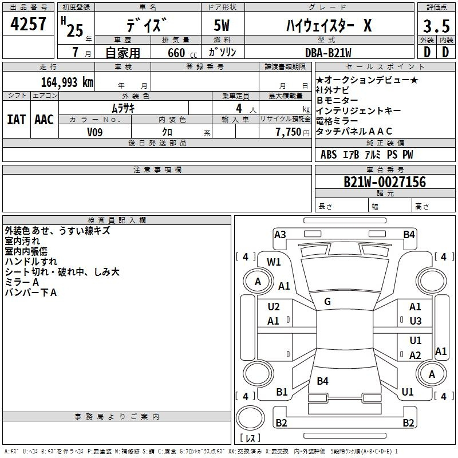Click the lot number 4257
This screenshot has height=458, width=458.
[x=28, y=23]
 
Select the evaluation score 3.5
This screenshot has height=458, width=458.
[x=436, y=26]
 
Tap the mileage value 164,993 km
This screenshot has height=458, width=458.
[x=67, y=82]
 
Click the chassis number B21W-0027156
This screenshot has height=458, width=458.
[x=385, y=182]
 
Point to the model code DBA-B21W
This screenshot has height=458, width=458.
[x=328, y=53]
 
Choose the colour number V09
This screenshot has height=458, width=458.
[x=94, y=132]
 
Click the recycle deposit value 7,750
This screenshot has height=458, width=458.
[x=289, y=132]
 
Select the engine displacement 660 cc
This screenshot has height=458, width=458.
[x=182, y=53]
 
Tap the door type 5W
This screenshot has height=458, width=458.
[x=222, y=25]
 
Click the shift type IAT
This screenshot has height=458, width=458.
[x=16, y=120]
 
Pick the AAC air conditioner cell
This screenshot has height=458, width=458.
[x=44, y=120]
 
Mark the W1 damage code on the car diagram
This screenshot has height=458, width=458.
[x=274, y=262]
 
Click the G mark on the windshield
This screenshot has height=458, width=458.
[x=327, y=302]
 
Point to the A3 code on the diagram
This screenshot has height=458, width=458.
[x=280, y=235]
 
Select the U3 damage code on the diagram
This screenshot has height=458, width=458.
[x=416, y=321]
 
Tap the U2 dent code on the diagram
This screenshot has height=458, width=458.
[x=274, y=307]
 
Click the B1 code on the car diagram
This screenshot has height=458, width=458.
[x=282, y=392]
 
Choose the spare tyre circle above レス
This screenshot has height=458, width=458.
[x=250, y=417]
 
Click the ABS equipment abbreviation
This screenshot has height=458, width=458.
[x=329, y=155]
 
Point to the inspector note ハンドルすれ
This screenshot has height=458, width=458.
[x=31, y=262]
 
